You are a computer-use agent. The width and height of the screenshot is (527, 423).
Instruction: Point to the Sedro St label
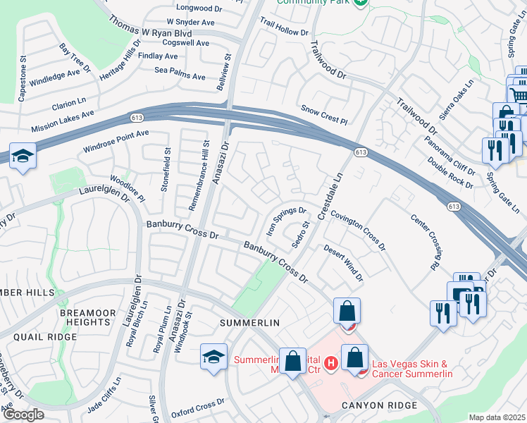[302, 235]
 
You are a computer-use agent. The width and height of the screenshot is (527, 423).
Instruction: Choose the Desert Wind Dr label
[343, 263]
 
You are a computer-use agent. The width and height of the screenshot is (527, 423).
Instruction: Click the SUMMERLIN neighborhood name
[250, 322]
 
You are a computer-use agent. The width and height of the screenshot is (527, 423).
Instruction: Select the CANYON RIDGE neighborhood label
[380, 405]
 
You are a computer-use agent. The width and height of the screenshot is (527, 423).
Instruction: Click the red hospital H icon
[332, 362]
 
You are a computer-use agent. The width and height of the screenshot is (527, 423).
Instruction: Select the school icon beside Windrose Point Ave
[23, 157]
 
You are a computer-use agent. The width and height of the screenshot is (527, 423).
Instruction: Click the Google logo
[23, 414]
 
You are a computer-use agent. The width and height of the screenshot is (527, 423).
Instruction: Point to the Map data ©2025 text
[496, 417]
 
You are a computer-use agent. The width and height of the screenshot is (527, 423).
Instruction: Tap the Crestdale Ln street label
[329, 195]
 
